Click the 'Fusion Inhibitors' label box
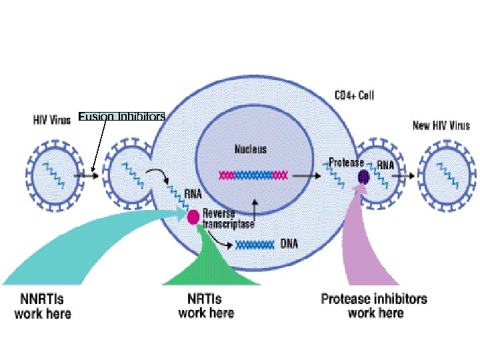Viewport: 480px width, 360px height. coord(121,117)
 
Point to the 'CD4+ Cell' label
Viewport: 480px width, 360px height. coord(354,96)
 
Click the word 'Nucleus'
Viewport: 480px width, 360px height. coord(250,149)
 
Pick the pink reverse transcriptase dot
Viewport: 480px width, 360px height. coord(193,217)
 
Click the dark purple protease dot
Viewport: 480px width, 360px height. coord(364,177)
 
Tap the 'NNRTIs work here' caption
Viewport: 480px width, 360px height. coord(43,306)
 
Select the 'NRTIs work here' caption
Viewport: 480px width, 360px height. coord(206,306)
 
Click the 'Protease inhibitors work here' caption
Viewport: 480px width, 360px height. coord(374,306)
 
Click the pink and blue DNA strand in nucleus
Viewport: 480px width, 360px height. coord(253,175)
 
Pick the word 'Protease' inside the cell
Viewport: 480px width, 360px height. coord(346,163)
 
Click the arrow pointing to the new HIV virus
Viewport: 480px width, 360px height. coord(404,176)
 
